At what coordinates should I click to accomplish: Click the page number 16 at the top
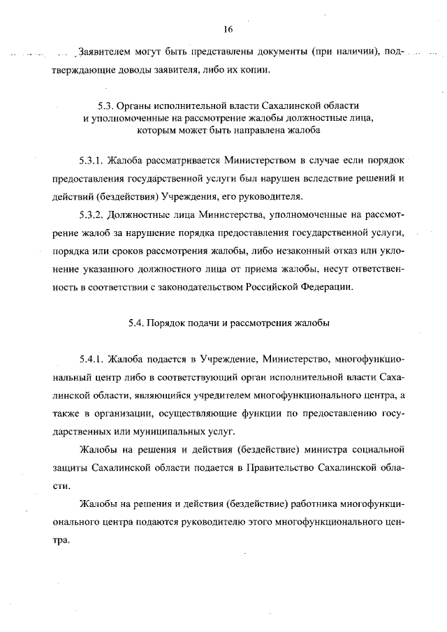click(228, 29)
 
